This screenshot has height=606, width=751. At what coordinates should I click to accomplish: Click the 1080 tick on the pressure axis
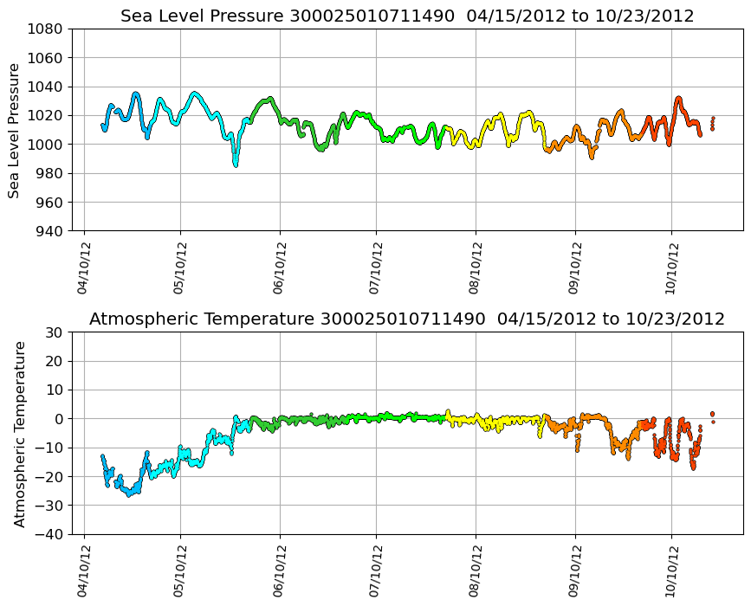pyautogui.click(x=45, y=29)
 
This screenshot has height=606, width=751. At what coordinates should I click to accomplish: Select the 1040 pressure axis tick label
pyautogui.click(x=45, y=87)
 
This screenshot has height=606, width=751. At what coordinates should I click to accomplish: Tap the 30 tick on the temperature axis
pyautogui.click(x=54, y=332)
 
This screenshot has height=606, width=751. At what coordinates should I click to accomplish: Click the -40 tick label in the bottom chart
pyautogui.click(x=49, y=534)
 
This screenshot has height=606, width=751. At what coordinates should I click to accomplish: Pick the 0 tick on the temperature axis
pyautogui.click(x=58, y=419)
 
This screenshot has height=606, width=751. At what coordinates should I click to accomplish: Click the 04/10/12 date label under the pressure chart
pyautogui.click(x=84, y=268)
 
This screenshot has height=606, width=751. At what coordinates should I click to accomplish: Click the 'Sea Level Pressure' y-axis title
pyautogui.click(x=15, y=130)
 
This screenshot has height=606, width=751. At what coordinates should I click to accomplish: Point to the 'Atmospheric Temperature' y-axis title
pyautogui.click(x=20, y=433)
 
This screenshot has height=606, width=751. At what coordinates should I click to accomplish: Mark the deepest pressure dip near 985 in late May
pyautogui.click(x=235, y=164)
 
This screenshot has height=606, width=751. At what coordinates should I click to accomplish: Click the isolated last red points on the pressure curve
pyautogui.click(x=712, y=123)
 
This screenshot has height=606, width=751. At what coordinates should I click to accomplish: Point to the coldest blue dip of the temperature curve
pyautogui.click(x=129, y=494)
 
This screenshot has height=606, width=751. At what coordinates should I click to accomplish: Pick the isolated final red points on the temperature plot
pyautogui.click(x=712, y=416)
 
